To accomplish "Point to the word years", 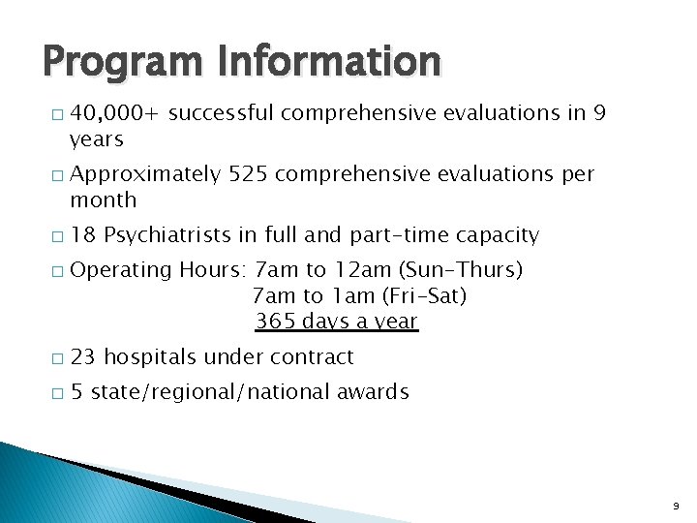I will pyautogui.click(x=97, y=140).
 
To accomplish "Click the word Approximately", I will pyautogui.click(x=145, y=174).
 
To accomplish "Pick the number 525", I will pyautogui.click(x=247, y=174).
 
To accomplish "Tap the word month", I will pyautogui.click(x=104, y=200).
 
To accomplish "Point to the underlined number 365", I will pyautogui.click(x=275, y=322).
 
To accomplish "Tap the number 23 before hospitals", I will pyautogui.click(x=83, y=356).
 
